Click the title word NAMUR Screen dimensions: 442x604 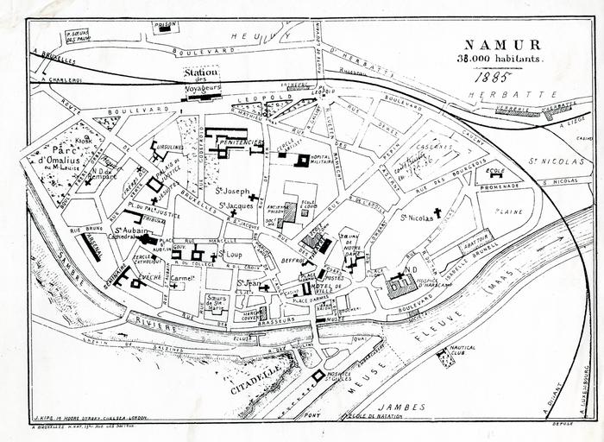[x=503, y=44]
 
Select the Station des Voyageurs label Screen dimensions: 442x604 [x=204, y=79]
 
